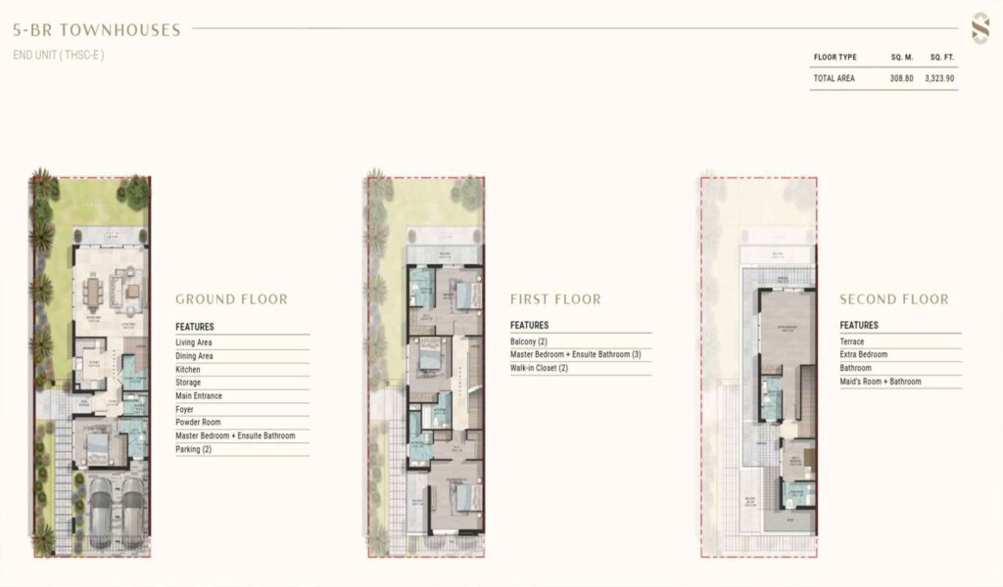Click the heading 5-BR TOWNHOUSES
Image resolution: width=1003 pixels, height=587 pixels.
pyautogui.click(x=97, y=30)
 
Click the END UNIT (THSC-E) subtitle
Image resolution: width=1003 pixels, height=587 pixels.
pyautogui.click(x=59, y=55)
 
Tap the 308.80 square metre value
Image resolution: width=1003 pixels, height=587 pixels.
pyautogui.click(x=902, y=78)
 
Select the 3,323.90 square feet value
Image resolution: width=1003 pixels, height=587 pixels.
pyautogui.click(x=939, y=78)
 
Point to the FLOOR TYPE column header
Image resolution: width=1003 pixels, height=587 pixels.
pyautogui.click(x=835, y=58)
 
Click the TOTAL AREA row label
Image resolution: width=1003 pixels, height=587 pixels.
pyautogui.click(x=834, y=78)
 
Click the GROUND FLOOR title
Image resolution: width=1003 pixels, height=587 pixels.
pyautogui.click(x=231, y=299)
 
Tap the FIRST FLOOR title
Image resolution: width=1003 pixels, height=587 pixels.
pyautogui.click(x=555, y=299)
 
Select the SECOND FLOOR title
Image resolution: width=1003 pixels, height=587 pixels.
pyautogui.click(x=893, y=299)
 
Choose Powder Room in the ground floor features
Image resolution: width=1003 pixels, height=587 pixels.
pyautogui.click(x=200, y=423)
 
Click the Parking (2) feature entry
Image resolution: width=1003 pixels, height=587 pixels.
pyautogui.click(x=193, y=449)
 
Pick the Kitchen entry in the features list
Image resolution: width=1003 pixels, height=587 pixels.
pyautogui.click(x=188, y=370)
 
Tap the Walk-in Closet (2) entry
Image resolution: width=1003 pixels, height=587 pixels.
pyautogui.click(x=539, y=368)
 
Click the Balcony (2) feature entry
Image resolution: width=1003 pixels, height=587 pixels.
pyautogui.click(x=529, y=341)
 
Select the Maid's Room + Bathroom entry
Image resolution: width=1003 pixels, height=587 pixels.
pyautogui.click(x=881, y=382)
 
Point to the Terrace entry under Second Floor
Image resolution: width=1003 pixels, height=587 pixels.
pyautogui.click(x=852, y=341)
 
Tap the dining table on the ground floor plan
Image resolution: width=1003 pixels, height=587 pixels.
pyautogui.click(x=94, y=292)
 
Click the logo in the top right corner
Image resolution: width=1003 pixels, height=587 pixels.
pyautogui.click(x=979, y=27)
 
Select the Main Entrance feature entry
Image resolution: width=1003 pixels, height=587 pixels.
pyautogui.click(x=199, y=396)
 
